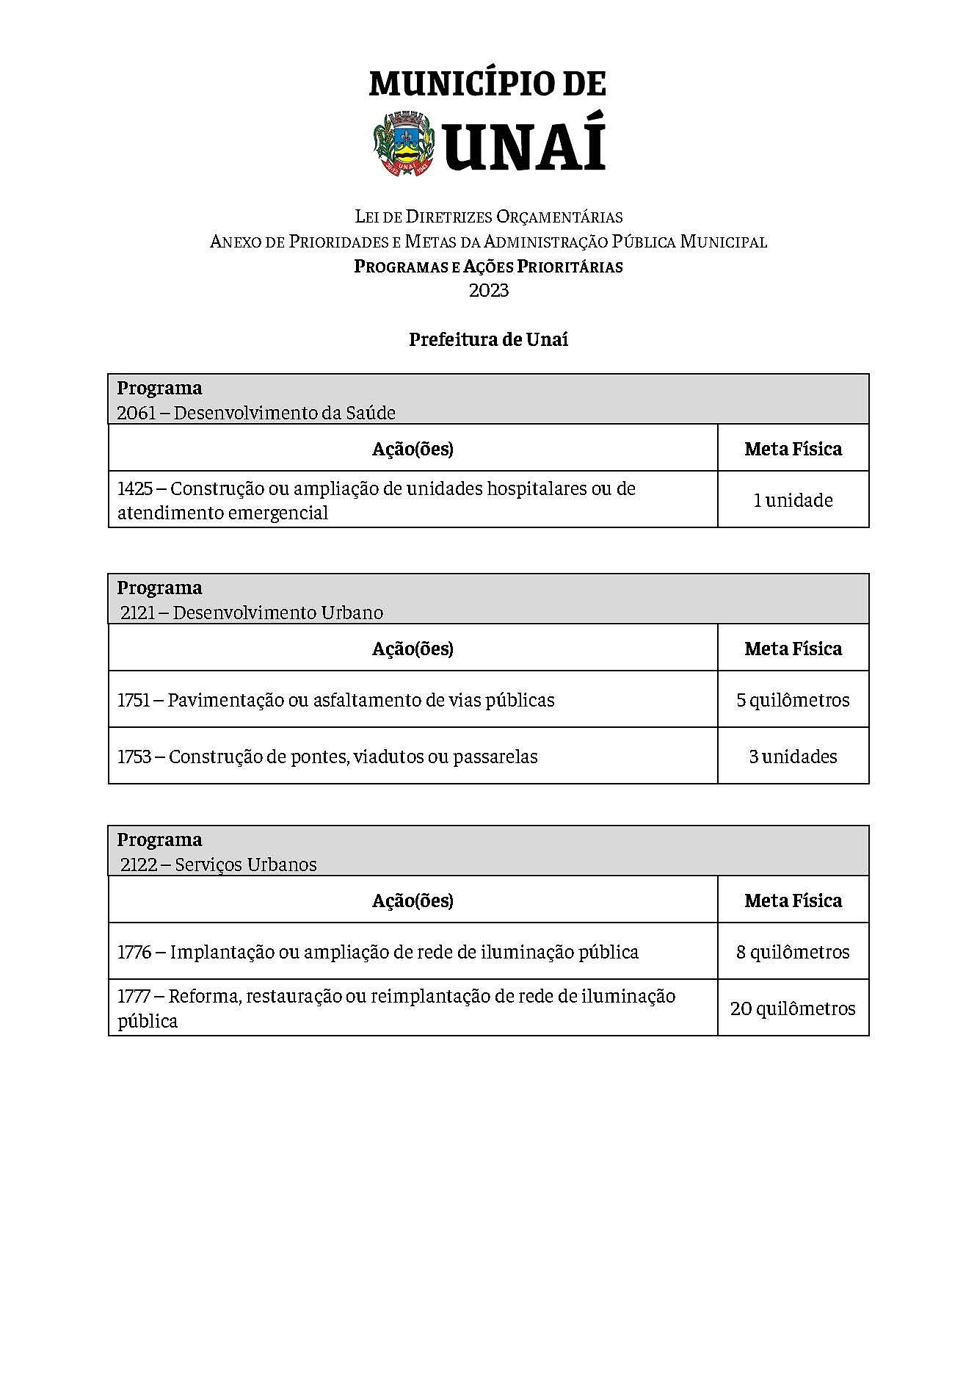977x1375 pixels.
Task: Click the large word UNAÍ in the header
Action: [525, 145]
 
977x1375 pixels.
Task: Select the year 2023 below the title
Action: [489, 291]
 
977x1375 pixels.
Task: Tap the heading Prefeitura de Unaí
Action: [488, 340]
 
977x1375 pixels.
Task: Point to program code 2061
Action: [137, 414]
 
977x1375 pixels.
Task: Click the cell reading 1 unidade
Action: [793, 500]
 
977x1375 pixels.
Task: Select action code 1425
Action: [134, 489]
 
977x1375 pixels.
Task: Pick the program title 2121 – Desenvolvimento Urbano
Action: [252, 613]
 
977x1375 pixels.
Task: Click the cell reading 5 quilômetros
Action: [793, 700]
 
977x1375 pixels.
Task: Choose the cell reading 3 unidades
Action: [793, 757]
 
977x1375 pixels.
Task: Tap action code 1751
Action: [133, 701]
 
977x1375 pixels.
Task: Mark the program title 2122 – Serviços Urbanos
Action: [219, 865]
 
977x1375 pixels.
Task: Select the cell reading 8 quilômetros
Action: [793, 953]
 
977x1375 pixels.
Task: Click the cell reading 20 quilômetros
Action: [793, 1009]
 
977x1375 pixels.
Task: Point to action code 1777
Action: [133, 997]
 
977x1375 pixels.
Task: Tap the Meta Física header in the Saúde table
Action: [793, 449]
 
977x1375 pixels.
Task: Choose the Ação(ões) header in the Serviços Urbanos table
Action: [413, 901]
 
